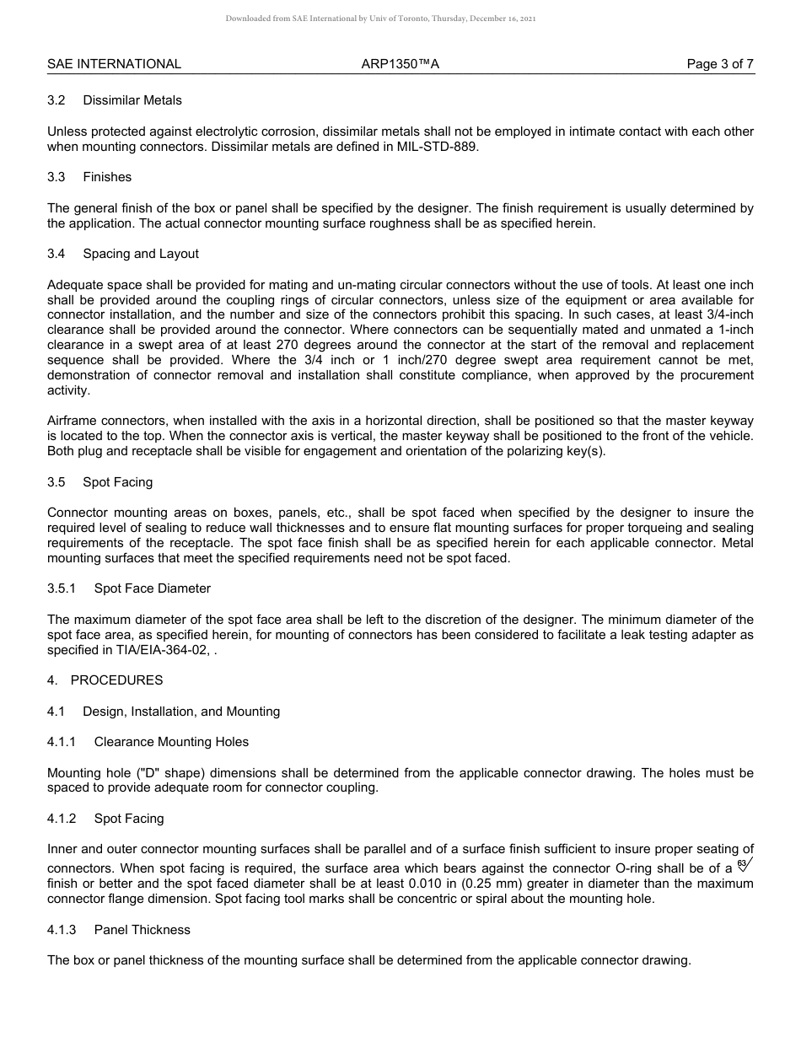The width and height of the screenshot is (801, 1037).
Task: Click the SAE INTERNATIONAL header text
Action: [x=114, y=64]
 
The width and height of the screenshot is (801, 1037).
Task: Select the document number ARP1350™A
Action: [x=400, y=64]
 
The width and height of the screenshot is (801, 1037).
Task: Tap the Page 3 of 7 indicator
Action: [x=720, y=64]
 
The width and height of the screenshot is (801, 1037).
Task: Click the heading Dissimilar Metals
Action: [x=132, y=100]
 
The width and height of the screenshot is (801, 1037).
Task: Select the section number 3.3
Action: [x=56, y=177]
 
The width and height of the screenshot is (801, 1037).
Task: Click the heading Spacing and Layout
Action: [x=141, y=254]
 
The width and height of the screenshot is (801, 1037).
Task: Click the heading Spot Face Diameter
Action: [x=153, y=588]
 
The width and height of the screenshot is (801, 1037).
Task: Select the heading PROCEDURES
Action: [x=116, y=680]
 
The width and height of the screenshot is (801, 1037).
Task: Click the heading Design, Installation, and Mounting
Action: [x=181, y=712]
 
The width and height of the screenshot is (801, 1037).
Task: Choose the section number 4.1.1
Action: [x=62, y=742]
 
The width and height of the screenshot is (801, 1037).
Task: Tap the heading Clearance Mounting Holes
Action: [x=171, y=742]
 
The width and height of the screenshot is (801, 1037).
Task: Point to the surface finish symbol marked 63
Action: [x=744, y=865]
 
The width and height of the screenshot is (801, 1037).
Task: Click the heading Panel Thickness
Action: [x=142, y=930]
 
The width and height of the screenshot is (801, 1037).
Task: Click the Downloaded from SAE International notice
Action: [x=380, y=19]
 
